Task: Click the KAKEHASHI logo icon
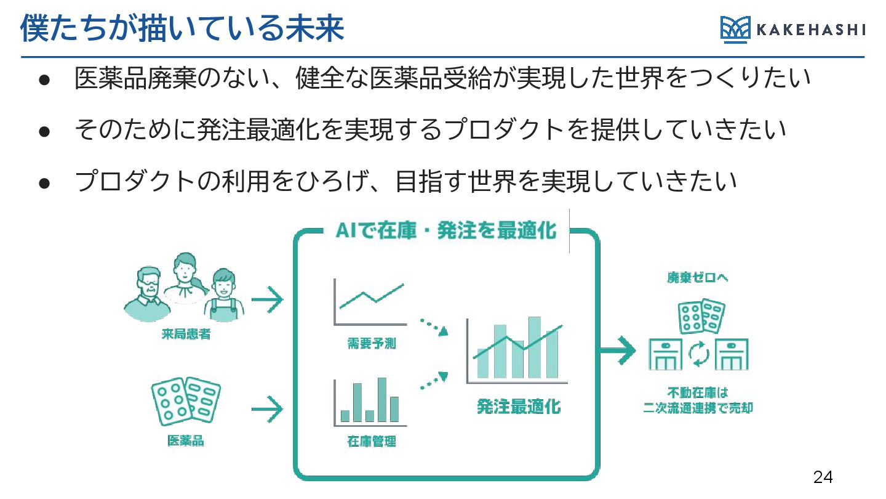[x=735, y=30]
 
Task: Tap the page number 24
[x=823, y=477]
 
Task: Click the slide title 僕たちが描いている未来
[x=182, y=28]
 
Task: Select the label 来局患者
[x=186, y=335]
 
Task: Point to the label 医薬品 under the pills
[x=185, y=440]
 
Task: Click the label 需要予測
[x=371, y=344]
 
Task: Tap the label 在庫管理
[x=371, y=441]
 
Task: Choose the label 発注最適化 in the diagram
[x=519, y=407]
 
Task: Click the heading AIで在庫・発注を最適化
[x=446, y=232]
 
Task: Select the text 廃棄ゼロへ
[x=698, y=278]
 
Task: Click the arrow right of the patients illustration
[x=267, y=301]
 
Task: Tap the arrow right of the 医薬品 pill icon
[x=267, y=408]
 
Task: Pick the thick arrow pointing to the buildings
[x=617, y=351]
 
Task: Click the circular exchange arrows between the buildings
[x=698, y=354]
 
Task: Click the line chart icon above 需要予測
[x=370, y=302]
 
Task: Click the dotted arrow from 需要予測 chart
[x=433, y=326]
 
